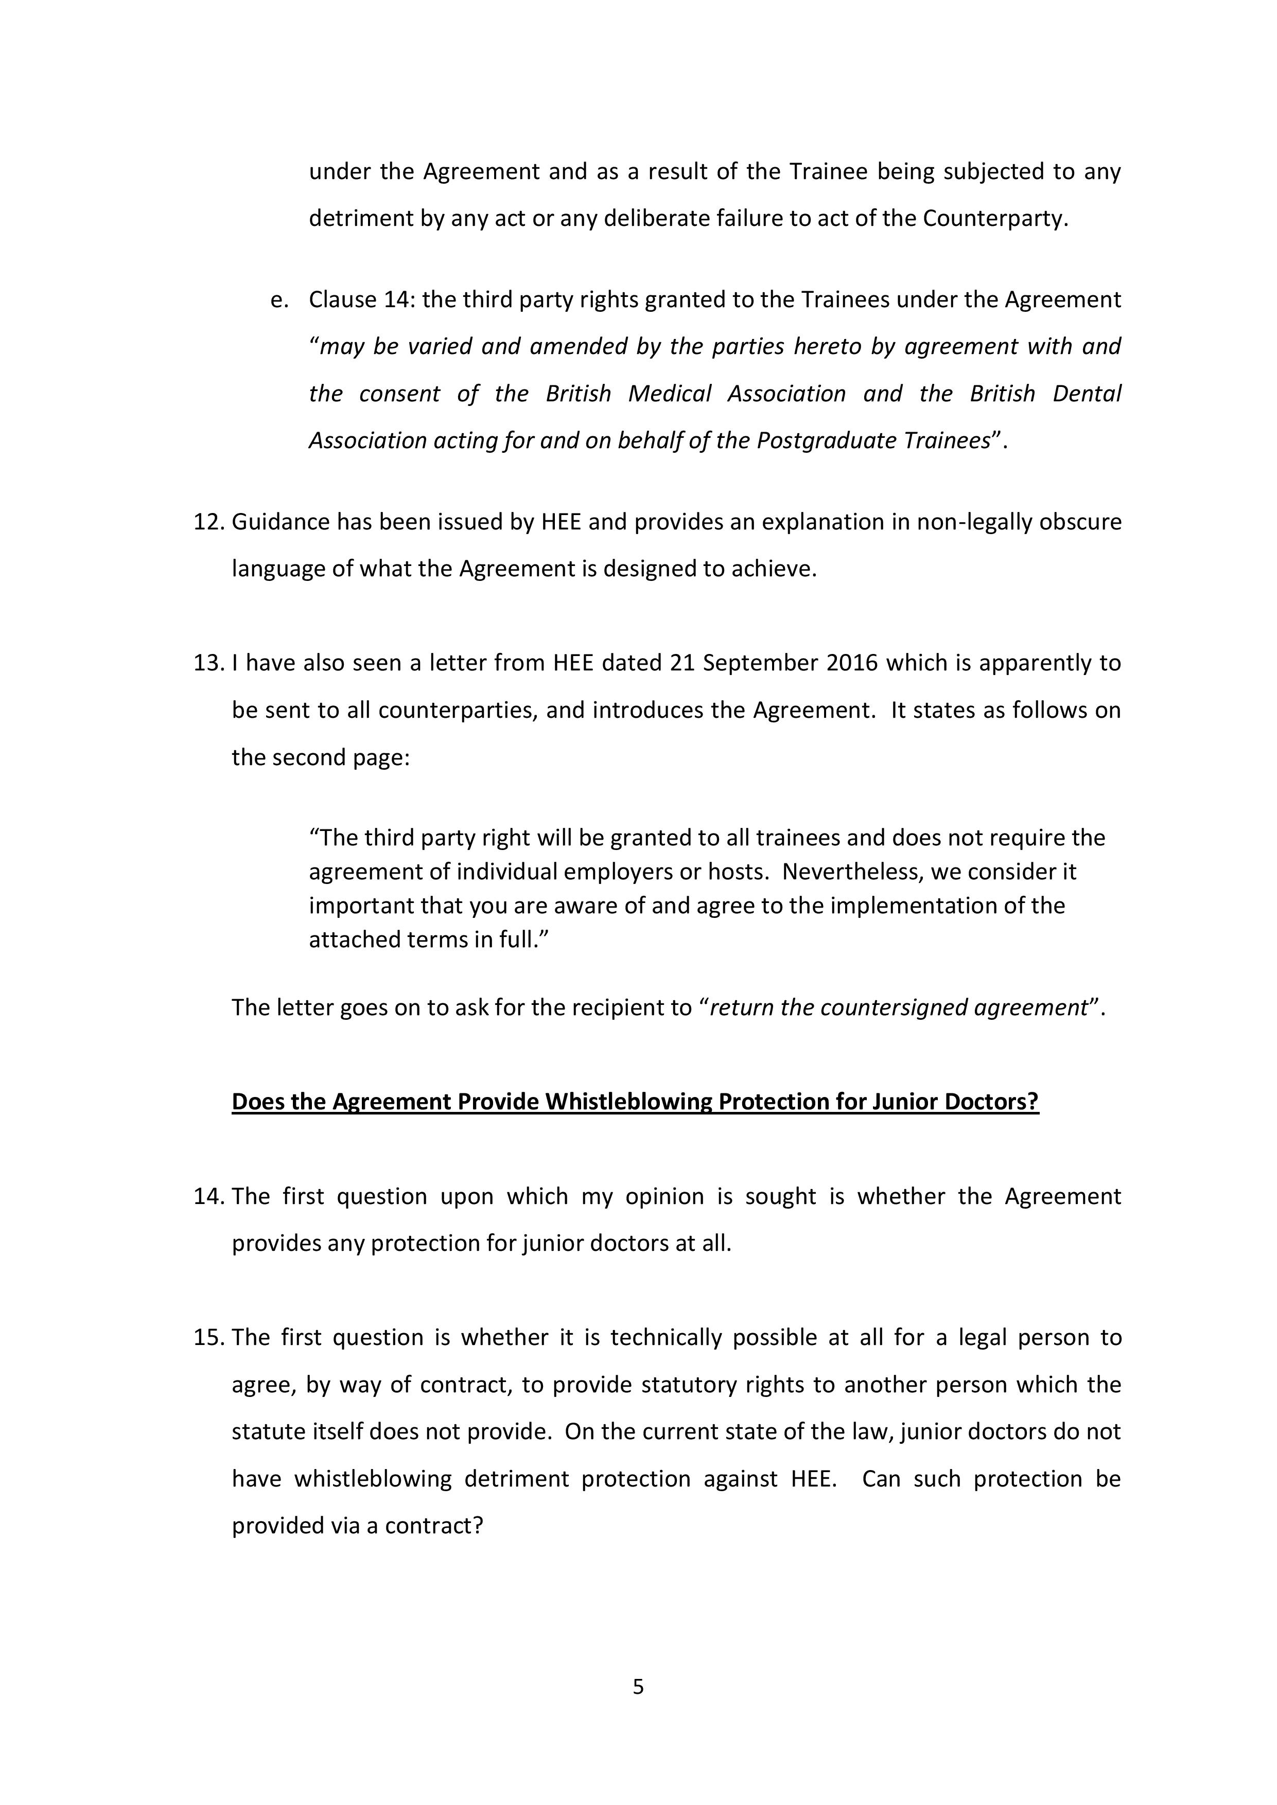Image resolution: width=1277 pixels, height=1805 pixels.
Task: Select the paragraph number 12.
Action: pos(208,522)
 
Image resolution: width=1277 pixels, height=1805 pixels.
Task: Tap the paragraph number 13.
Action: pos(208,663)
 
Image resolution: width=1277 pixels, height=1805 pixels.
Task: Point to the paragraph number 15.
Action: pos(208,1337)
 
